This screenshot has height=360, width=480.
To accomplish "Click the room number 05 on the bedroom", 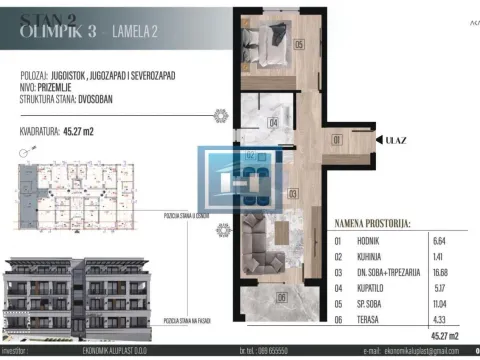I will pyautogui.click(x=299, y=45).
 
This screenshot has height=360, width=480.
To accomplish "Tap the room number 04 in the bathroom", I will pyautogui.click(x=273, y=123).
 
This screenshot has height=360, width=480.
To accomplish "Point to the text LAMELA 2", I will pyautogui.click(x=138, y=32).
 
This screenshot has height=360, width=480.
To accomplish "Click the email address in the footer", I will pyautogui.click(x=420, y=353).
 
